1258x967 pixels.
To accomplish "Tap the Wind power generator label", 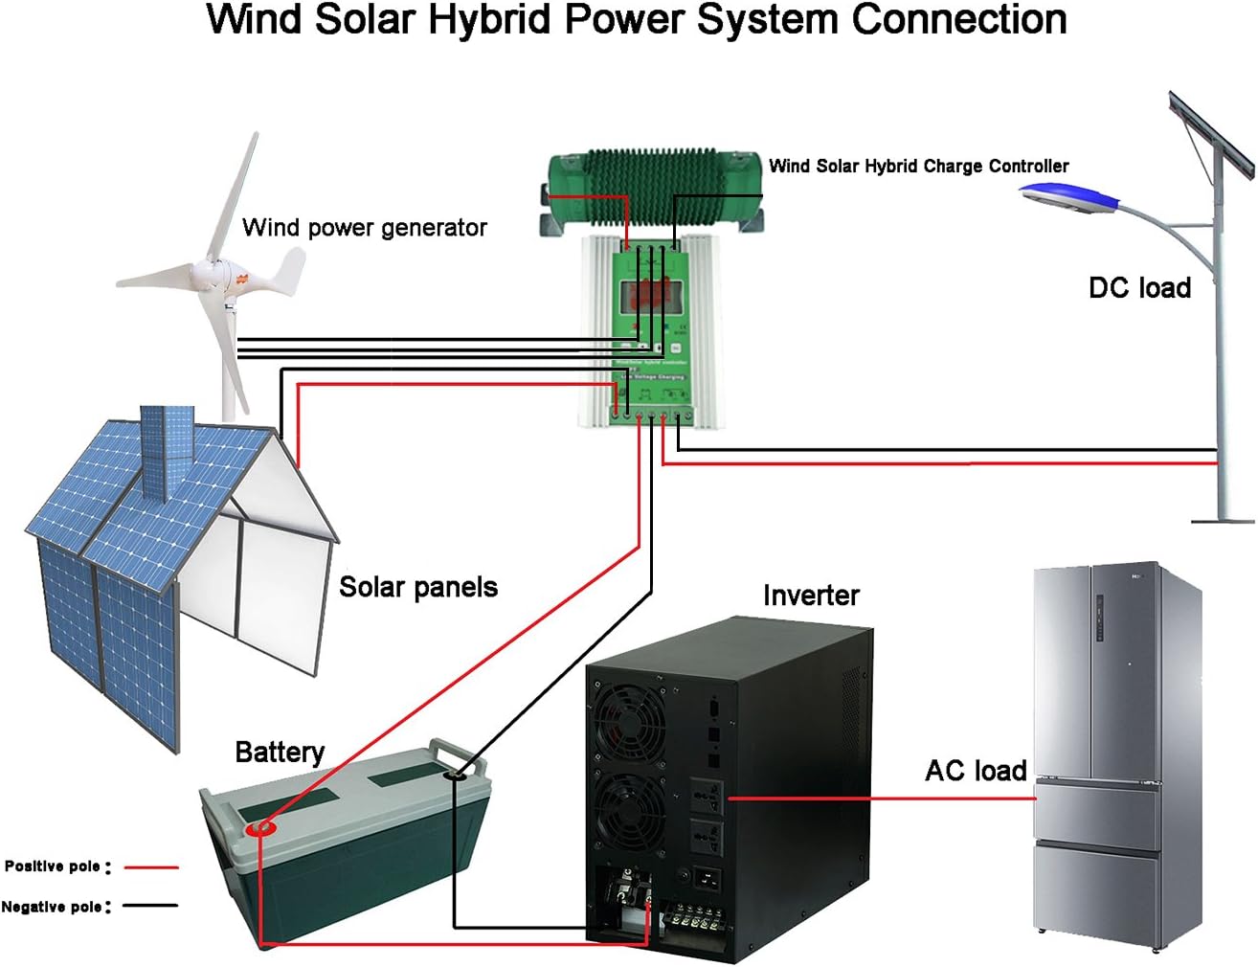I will click(x=364, y=228).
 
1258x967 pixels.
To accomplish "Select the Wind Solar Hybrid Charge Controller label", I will click(x=918, y=166).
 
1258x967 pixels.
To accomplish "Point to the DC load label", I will click(x=1139, y=287).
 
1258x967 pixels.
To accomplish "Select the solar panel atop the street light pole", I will click(x=1210, y=134).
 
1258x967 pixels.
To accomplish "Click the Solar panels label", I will click(x=418, y=587).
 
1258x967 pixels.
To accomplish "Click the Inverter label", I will click(x=811, y=596).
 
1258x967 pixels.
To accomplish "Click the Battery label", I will click(x=279, y=753).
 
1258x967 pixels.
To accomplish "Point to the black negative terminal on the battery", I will click(x=456, y=772).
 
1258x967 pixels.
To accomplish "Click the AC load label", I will click(x=976, y=771).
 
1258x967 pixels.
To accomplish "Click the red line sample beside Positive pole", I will click(x=151, y=867).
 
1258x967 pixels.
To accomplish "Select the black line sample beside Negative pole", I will click(x=151, y=906).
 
